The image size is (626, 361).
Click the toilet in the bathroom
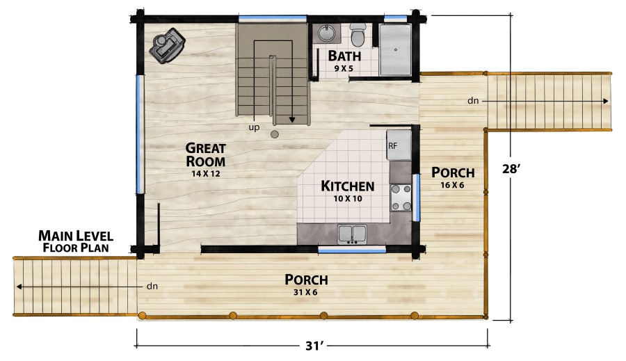click(358, 34)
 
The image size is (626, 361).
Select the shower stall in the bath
click(395, 50)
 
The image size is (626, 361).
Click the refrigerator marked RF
click(399, 145)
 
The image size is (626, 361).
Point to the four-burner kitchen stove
click(401, 198)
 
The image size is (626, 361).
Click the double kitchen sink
click(352, 234)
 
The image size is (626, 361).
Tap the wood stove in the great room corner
click(167, 46)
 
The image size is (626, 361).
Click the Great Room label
click(206, 154)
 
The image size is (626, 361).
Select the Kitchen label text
click(348, 186)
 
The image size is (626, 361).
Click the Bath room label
click(344, 56)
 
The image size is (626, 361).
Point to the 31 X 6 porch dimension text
click(305, 292)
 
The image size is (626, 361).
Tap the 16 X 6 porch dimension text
click(452, 185)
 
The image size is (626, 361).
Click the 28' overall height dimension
click(511, 169)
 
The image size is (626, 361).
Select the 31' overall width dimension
click(314, 346)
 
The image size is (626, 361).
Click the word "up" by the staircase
click(254, 127)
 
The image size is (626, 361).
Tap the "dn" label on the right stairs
click(473, 101)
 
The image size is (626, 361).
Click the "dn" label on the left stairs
click(152, 286)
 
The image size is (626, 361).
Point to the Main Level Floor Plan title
click(76, 241)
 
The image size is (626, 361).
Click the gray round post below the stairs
click(274, 134)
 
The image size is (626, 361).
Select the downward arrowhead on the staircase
click(292, 120)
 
